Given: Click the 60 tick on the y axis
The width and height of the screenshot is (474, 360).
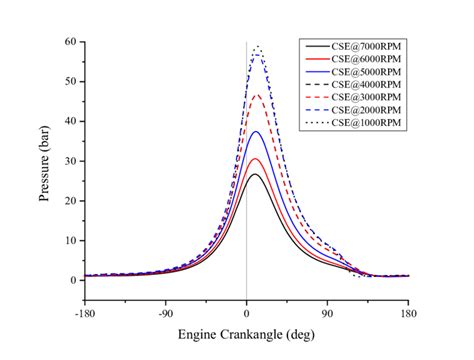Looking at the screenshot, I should [70, 42].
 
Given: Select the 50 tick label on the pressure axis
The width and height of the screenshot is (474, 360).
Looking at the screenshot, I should [70, 82].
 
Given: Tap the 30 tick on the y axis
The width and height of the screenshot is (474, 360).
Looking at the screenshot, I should [70, 161].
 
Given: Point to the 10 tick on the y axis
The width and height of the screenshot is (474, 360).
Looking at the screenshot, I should [70, 241].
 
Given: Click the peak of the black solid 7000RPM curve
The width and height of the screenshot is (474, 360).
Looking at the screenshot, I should [256, 175].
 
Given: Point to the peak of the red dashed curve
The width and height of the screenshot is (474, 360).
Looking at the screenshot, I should [258, 95].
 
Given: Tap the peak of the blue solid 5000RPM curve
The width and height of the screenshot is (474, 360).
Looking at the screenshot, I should [257, 132].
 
